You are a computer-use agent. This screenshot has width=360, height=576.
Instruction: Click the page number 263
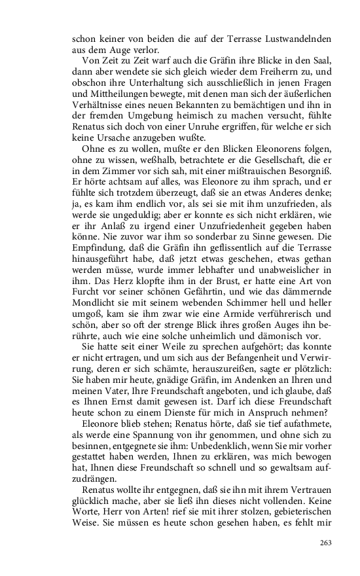(x=327, y=541)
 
